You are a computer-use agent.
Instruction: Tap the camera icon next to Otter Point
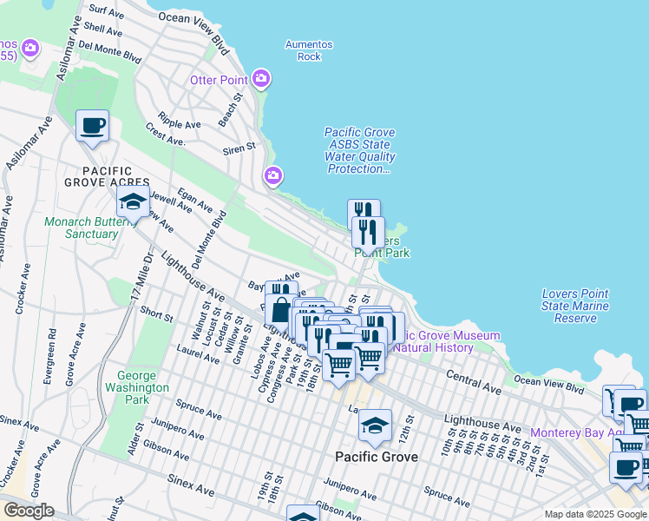(262, 80)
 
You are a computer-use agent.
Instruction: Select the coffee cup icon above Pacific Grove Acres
(93, 126)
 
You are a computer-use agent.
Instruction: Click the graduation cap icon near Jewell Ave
(133, 201)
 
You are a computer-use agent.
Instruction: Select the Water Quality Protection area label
(360, 151)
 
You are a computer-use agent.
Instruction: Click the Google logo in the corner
(28, 511)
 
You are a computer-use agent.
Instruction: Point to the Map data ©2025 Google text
(594, 514)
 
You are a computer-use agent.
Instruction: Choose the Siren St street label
(240, 148)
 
